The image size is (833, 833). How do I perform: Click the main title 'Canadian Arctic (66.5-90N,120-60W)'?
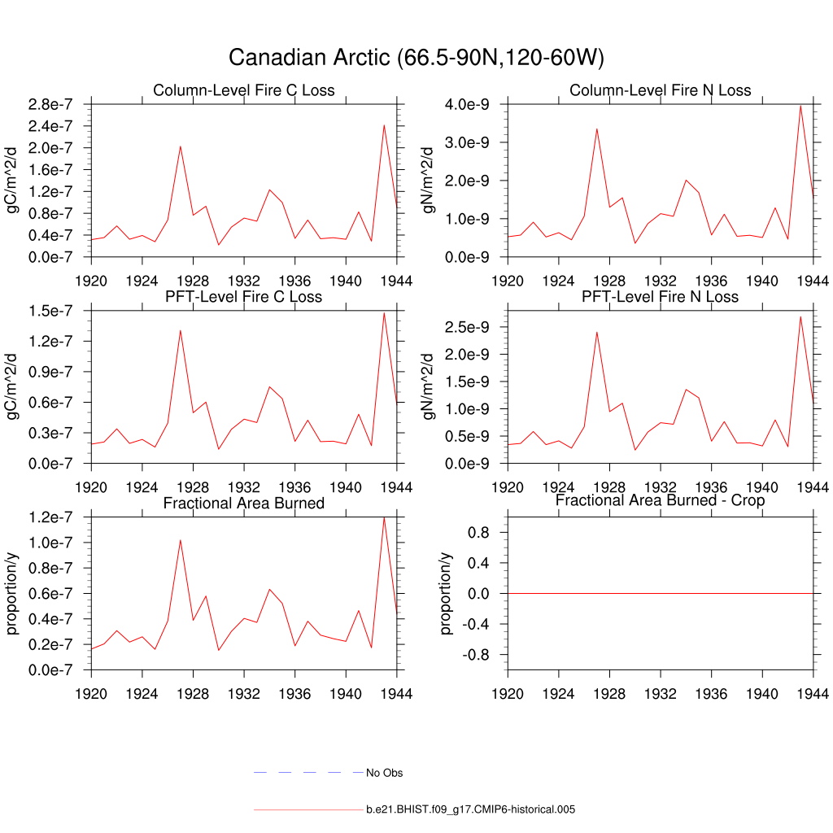pos(416,58)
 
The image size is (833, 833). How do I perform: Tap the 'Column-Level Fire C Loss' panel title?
pos(244,89)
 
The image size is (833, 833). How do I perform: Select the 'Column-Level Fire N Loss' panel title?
pos(661,89)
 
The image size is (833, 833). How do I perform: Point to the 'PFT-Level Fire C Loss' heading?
pos(244,296)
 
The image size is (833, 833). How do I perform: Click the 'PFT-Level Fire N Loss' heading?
pos(661,296)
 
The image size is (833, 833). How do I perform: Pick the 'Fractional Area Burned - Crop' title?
pos(661,499)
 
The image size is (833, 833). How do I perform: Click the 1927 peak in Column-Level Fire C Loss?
pos(180,146)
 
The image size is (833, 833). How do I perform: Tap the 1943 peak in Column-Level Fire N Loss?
pos(800,105)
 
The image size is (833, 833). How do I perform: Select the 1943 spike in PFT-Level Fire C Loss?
pos(384,312)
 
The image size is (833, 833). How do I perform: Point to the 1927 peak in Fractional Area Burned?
pos(180,540)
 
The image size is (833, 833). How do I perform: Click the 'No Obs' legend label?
pos(384,773)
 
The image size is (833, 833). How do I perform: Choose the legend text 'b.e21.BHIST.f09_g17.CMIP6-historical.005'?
pos(471,810)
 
